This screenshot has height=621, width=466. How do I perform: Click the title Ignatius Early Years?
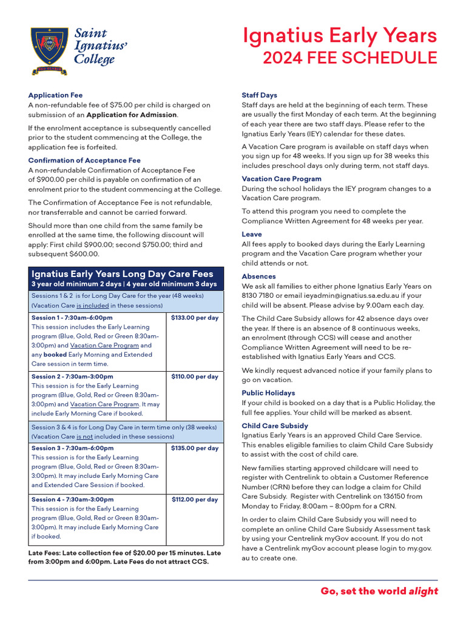point(340,36)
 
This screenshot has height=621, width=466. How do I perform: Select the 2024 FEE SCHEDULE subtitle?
point(349,58)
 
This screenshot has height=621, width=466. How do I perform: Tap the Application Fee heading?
point(55,95)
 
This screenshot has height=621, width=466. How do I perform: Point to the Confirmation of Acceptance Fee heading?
point(84,161)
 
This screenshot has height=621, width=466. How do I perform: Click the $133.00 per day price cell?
point(195,318)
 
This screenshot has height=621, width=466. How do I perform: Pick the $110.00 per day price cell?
point(195,377)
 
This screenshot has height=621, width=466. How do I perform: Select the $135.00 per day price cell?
point(195,448)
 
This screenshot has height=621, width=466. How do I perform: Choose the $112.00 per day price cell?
point(195,500)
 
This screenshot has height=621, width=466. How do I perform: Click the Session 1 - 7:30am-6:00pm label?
point(72,318)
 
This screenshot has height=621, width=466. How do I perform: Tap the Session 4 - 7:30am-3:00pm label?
point(72,500)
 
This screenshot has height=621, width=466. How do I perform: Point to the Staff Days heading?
point(259,95)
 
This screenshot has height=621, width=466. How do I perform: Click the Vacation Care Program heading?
point(282,179)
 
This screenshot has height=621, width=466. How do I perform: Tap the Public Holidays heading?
point(268,393)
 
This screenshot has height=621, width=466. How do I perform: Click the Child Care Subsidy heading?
point(275,426)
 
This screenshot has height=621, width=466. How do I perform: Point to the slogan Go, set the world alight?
point(379,591)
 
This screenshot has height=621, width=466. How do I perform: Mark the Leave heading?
point(252,234)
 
